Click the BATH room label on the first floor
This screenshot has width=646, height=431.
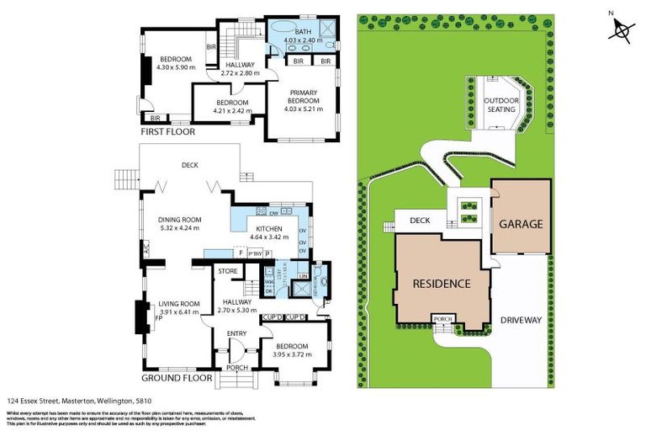[303, 31]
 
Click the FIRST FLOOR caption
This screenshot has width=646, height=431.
[168, 132]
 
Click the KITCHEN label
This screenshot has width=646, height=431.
[269, 229]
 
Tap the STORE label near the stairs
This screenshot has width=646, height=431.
[227, 271]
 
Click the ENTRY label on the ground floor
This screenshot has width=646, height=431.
[236, 334]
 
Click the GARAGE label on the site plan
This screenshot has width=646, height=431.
[521, 224]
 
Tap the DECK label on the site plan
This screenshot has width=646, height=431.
[421, 221]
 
